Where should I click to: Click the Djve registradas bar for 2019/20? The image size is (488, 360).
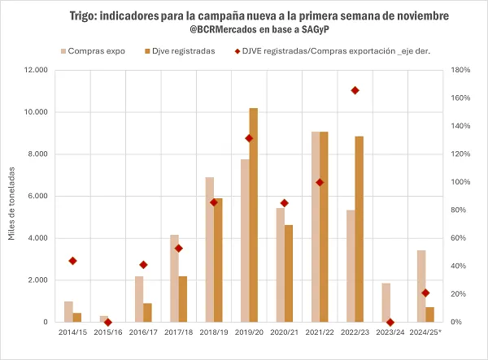pos(254,215)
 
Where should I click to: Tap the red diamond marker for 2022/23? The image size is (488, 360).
pos(355,90)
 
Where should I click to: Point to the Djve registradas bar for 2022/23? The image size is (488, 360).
pos(359,229)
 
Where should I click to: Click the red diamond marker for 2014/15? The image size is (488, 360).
pos(73,261)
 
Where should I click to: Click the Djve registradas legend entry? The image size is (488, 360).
pos(180,50)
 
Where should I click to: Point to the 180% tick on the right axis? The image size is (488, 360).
pos(458,70)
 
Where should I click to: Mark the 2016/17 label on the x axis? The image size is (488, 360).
pos(143,332)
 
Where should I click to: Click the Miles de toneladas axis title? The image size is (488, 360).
pos(12,197)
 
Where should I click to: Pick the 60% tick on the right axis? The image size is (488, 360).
pos(455,238)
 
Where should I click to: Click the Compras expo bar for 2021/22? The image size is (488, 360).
pos(316,227)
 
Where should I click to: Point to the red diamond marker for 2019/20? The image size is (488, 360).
pos(249,138)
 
